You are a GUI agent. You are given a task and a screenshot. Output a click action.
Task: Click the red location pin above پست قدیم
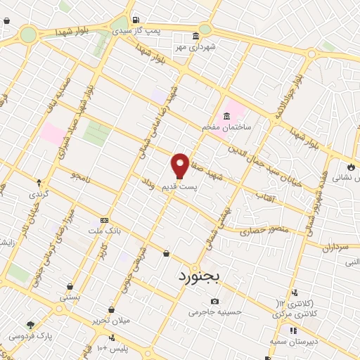click(180, 165)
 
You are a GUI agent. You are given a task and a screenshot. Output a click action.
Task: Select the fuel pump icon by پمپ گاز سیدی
click(135, 19)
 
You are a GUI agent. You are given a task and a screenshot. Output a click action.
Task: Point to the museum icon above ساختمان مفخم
click(227, 116)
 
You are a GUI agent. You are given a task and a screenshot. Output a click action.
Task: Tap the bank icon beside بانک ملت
click(105, 219)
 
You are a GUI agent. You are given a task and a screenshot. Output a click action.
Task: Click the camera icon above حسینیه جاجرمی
click(214, 301)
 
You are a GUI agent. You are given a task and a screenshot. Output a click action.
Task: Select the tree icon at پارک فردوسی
click(30, 324)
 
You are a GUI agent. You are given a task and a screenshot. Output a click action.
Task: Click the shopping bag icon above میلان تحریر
click(111, 309)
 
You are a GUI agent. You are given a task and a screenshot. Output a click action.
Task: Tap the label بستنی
click(70, 297)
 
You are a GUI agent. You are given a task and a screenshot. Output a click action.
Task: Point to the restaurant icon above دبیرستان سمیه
click(293, 330)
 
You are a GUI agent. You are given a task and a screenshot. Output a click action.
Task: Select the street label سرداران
click(335, 248)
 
